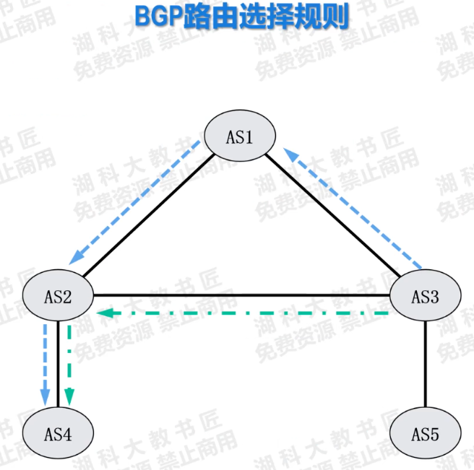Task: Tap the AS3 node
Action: coord(424,295)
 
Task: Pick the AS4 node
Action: coord(57,433)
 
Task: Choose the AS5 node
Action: coord(425,433)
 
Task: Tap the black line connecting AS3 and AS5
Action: coord(425,364)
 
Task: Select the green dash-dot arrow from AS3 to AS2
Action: coord(246,313)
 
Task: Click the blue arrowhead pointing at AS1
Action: coord(289,154)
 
